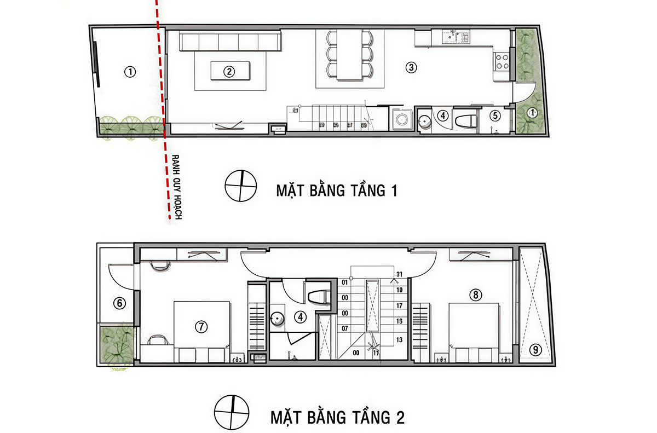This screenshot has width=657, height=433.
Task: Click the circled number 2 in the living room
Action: coord(229,71)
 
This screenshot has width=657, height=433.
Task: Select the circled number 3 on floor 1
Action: coord(411,68)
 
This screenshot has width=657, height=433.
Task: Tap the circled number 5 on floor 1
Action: coord(495,116)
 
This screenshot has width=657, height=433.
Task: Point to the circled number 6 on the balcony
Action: coord(119,303)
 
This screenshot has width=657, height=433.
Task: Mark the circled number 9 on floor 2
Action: coord(535,349)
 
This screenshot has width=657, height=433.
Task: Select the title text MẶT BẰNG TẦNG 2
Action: coord(337,418)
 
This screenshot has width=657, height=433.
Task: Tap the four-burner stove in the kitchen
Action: coord(502,61)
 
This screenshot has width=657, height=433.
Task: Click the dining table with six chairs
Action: coord(349,55)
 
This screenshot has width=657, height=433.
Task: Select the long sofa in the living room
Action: coord(228,42)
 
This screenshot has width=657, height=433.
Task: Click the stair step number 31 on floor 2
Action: coord(399,274)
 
